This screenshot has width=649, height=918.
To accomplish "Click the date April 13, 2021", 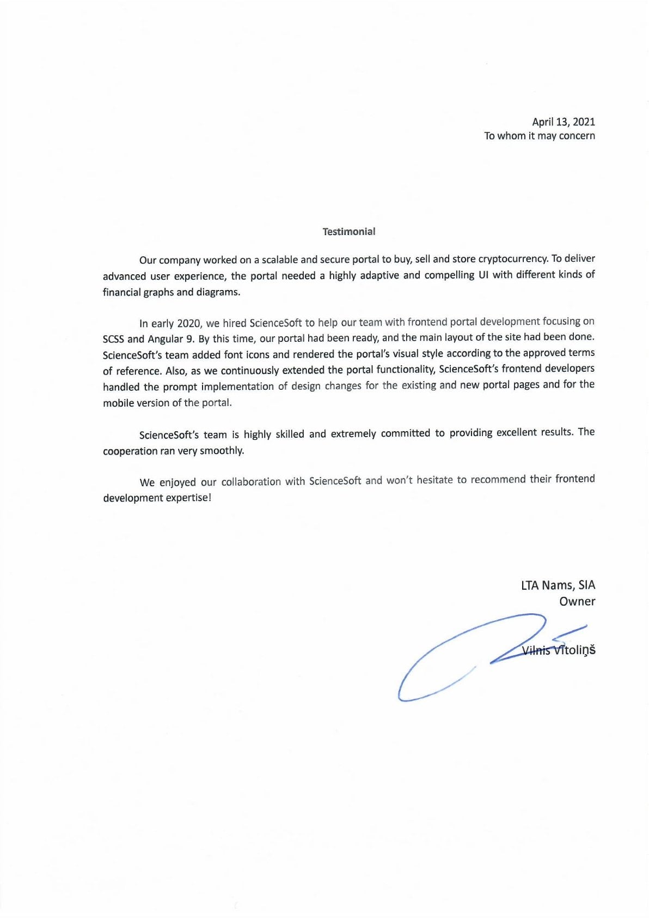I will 563,122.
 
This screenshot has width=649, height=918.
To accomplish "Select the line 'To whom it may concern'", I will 539,136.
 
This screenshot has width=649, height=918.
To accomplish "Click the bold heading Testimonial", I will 348,232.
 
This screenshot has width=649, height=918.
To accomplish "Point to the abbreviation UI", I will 483,275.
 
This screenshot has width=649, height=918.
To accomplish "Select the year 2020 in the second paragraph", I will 189,323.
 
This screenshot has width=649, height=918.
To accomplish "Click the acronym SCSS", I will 113,339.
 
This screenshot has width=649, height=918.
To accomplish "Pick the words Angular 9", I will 170,339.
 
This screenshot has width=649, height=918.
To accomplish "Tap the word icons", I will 257,355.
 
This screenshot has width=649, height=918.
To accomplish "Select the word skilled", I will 290,434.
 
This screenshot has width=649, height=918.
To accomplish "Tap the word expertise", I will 184,498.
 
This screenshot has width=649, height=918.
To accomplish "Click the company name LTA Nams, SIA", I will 558,585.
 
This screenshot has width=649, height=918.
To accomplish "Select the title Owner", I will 577,601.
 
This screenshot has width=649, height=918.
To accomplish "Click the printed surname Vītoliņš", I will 575,650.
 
